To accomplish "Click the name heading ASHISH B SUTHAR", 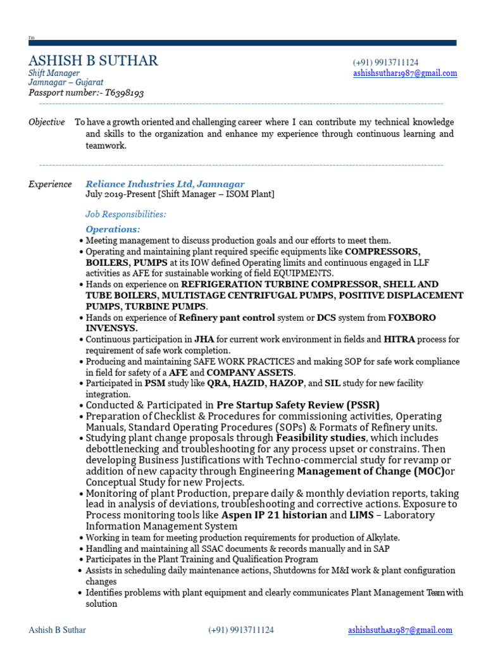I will (93, 61).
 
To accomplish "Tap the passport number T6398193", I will (124, 93).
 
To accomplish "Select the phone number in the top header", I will (385, 63).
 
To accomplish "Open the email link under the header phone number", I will (404, 73).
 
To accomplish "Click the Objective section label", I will (46, 122).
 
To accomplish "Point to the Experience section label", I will (50, 184).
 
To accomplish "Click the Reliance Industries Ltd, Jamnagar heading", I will (165, 184).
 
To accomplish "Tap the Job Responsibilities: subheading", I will (125, 215).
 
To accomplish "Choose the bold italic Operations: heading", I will (113, 229).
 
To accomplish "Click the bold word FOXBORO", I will (411, 318).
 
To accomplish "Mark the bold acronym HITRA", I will (399, 340).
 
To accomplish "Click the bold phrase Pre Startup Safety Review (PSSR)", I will (298, 405).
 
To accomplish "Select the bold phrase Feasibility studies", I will (321, 438).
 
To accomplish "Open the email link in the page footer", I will (400, 630).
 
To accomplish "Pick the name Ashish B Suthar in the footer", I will (58, 630).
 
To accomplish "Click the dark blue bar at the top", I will (242, 43).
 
